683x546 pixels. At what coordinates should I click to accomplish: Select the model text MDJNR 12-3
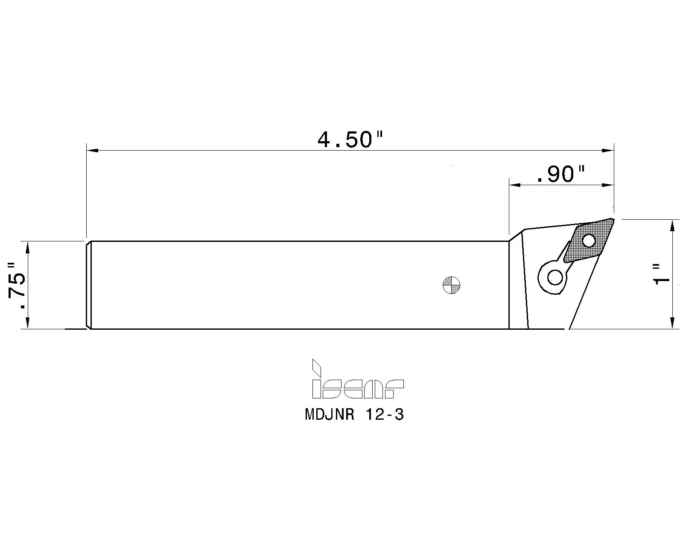point(354,415)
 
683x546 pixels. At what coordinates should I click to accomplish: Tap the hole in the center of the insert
point(590,241)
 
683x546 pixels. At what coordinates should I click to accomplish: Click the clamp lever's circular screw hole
point(555,278)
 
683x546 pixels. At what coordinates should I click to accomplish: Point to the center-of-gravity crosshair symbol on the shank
point(452,285)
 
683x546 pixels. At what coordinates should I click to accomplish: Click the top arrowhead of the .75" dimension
point(28,247)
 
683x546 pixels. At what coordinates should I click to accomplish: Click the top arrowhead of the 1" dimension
point(673,225)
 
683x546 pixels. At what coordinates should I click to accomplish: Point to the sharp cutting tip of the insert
point(613,220)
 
